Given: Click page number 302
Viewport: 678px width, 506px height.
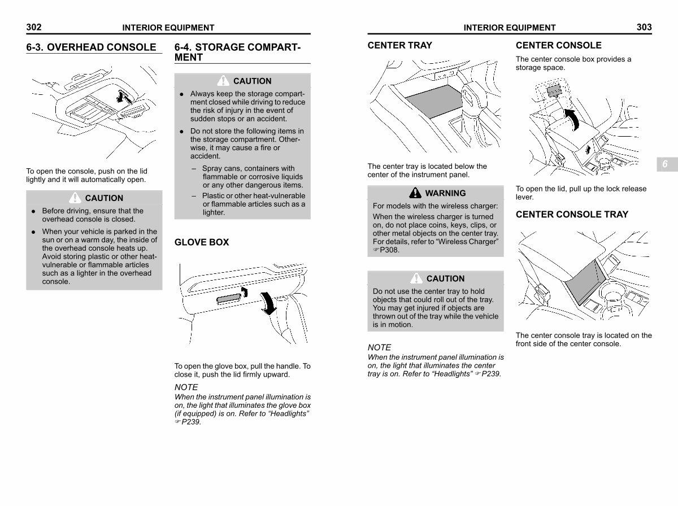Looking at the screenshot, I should (x=34, y=27).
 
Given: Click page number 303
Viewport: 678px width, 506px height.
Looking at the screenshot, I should (x=644, y=27).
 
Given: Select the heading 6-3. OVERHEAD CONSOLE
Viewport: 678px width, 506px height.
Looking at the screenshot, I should (x=91, y=47).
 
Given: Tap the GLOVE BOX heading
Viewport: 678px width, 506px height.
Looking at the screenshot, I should (x=202, y=242).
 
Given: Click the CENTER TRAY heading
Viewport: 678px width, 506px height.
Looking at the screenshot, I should (x=399, y=45).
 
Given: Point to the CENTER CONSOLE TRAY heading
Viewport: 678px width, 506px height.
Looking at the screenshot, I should (x=572, y=214).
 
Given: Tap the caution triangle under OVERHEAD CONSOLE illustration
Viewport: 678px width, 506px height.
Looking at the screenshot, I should (x=75, y=198).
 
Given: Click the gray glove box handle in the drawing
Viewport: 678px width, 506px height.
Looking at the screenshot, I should (x=229, y=299).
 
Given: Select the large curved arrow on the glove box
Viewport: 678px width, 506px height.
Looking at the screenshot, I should (x=268, y=303).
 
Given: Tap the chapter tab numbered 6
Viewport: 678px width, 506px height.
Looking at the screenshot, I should (x=664, y=164).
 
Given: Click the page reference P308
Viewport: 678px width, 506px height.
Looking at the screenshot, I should (x=390, y=250).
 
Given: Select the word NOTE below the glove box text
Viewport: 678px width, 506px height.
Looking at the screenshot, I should (x=186, y=387).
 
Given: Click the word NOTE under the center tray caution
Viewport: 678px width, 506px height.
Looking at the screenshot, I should (x=379, y=347).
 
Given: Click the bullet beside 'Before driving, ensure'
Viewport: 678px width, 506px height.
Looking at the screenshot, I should (x=34, y=211).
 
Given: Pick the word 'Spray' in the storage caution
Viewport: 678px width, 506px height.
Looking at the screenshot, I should (x=212, y=168).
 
